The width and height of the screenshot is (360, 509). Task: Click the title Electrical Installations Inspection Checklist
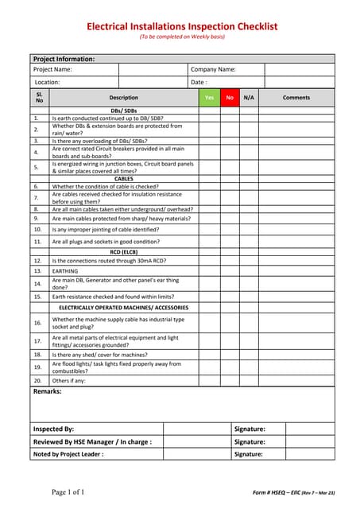coord(182,26)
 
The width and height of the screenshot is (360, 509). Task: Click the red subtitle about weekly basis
coord(182,37)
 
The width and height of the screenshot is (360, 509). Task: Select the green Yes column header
coord(209,97)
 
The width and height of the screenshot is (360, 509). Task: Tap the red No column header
coord(230,97)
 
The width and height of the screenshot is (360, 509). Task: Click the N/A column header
coord(249,97)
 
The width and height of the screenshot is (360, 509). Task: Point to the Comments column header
coord(296,97)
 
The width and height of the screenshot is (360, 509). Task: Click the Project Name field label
coord(53,69)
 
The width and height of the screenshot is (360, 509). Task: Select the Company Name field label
coord(214,69)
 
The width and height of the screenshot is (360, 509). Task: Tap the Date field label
coord(199,82)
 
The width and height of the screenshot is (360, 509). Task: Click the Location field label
coord(47,82)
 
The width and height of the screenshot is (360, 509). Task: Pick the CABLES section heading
coord(124,179)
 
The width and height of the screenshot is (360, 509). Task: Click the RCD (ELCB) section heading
coord(124,251)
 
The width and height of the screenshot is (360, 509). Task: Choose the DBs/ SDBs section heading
coord(124,111)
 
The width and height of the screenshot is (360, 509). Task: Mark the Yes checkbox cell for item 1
coord(209,118)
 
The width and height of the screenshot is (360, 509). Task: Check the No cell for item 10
coord(230,229)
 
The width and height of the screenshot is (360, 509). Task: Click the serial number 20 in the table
coord(37,381)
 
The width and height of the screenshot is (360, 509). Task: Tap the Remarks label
coord(48,391)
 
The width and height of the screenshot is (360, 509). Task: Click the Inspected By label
coord(53,429)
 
